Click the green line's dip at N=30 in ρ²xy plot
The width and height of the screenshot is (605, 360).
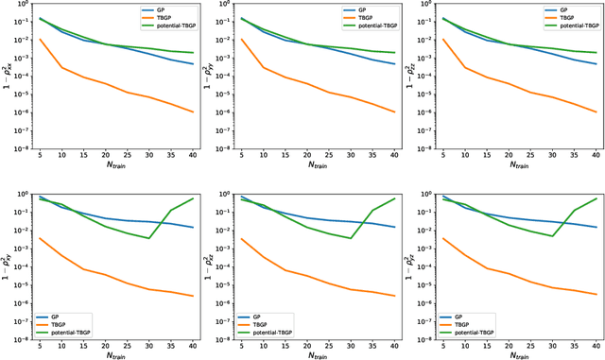pyautogui.click(x=148, y=238)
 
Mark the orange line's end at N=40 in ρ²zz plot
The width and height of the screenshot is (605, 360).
pyautogui.click(x=596, y=112)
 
